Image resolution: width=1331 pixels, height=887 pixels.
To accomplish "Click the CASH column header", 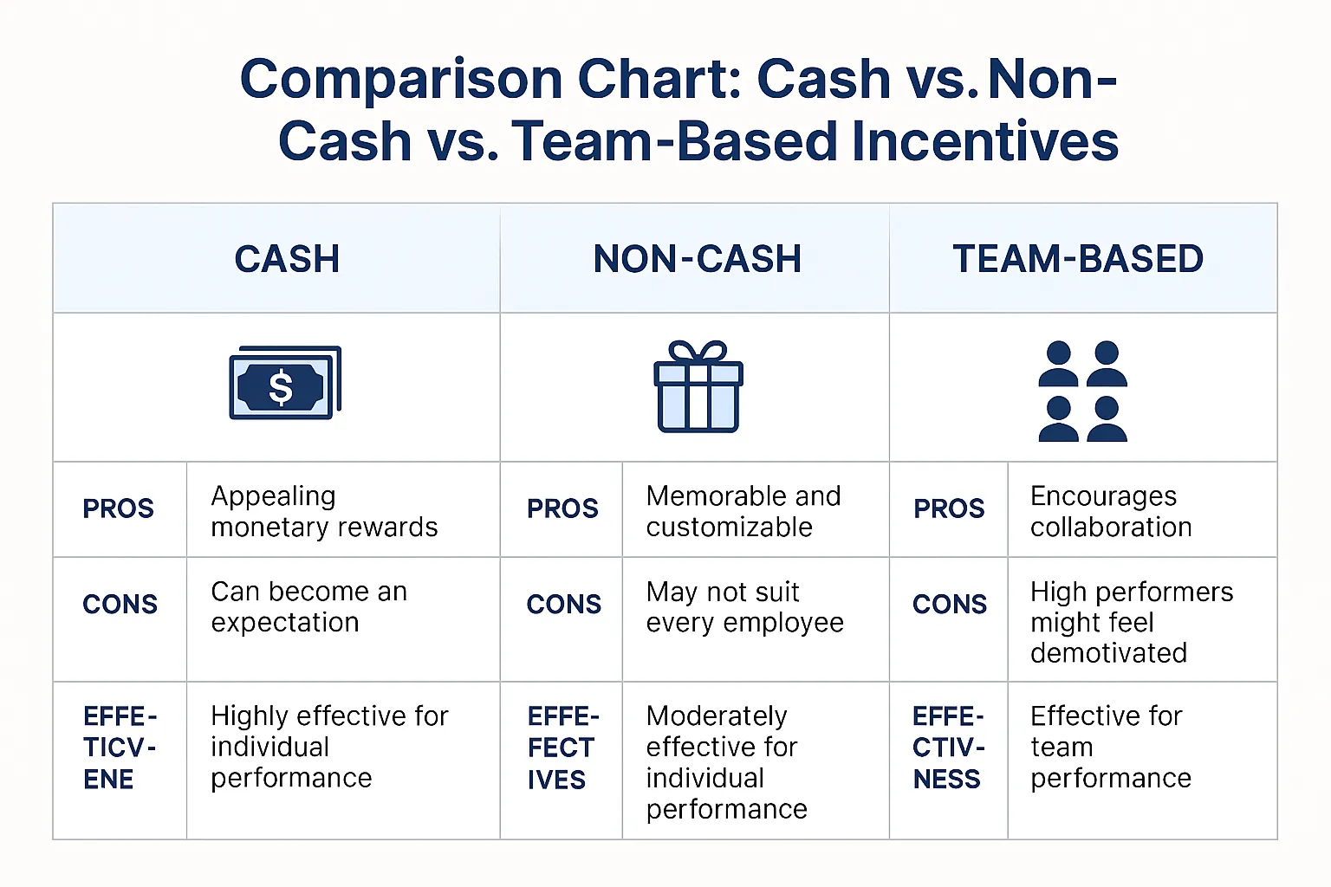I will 287,259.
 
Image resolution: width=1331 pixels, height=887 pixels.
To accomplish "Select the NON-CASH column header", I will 697,259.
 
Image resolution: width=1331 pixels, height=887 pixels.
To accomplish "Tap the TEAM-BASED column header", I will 1078,259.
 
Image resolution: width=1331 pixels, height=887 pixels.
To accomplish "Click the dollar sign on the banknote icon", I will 280,387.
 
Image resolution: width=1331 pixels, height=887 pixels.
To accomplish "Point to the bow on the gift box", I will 698,352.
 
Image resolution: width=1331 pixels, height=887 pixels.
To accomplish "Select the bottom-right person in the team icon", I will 1107,420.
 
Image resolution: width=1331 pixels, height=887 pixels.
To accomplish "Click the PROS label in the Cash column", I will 118,508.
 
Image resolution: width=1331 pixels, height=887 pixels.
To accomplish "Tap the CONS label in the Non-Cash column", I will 563,604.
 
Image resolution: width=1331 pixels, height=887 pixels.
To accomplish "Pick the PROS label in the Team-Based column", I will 949,508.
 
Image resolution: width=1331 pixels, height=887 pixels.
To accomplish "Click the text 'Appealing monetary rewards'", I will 324,511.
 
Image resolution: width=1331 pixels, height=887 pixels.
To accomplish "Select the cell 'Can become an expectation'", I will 308,606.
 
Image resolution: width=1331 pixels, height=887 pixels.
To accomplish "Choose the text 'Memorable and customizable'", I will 743,511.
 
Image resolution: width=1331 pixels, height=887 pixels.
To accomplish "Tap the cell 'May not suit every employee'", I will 744,606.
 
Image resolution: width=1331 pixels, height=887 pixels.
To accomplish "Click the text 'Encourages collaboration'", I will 1110,511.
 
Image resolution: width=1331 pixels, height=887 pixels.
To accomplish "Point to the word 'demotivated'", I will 1108,652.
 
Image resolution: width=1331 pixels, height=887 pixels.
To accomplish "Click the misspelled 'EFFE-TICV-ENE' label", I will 120,748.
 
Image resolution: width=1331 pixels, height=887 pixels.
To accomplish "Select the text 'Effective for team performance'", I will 1110,747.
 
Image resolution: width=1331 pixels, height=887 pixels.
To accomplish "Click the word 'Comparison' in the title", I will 401,80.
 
